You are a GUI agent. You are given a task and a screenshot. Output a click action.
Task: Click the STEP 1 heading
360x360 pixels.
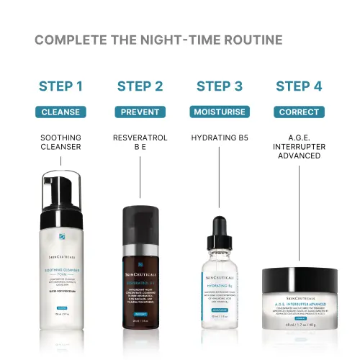point(60,87)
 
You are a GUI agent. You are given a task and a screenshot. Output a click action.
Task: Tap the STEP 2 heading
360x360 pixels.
point(140,87)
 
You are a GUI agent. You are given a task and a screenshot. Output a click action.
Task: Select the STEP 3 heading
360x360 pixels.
point(219,87)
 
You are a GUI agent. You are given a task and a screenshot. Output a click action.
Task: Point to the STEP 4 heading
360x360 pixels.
point(299,87)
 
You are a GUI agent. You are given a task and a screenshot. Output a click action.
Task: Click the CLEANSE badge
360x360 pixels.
point(60,112)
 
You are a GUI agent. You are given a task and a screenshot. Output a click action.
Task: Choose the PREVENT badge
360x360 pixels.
point(140,112)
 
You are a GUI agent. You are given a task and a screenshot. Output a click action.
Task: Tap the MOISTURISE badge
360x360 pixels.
point(219,112)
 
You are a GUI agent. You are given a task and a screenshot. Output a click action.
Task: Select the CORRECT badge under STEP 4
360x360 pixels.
point(299,112)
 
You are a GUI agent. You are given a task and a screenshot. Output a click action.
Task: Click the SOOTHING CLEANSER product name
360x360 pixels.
point(60,142)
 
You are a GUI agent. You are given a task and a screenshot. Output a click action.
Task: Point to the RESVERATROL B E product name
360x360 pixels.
point(140,142)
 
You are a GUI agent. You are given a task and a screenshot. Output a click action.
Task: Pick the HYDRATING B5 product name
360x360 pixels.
point(219,137)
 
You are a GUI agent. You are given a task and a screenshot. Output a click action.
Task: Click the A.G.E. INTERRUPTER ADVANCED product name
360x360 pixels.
point(299,147)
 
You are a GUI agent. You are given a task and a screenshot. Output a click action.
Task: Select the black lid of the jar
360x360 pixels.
point(299,275)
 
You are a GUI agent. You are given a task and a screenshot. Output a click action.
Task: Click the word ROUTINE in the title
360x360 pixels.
point(249,40)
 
